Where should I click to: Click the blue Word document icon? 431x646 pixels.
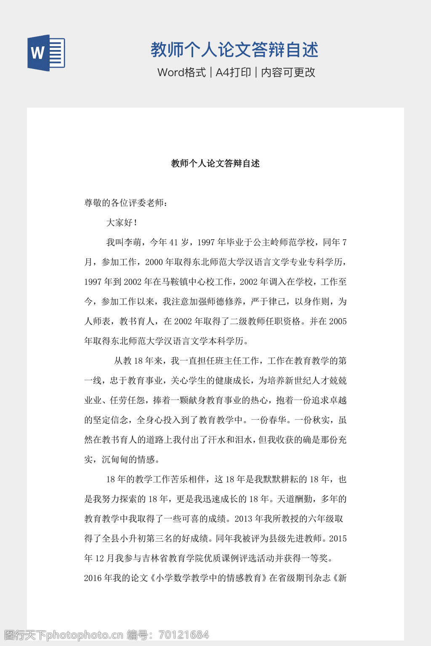(x=46, y=53)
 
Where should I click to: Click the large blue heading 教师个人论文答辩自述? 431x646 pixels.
(x=234, y=50)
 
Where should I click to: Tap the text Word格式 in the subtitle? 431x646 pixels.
(x=181, y=72)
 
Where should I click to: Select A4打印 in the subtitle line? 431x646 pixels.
(x=233, y=72)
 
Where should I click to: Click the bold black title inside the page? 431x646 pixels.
(x=215, y=164)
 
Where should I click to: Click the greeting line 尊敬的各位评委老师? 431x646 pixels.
(x=126, y=203)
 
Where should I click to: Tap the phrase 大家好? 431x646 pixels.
(x=122, y=223)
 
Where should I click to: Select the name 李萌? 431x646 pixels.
(x=133, y=243)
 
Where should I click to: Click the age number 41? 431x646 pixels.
(x=173, y=243)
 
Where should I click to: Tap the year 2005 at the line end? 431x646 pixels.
(x=338, y=322)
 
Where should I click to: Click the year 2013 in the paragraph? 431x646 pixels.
(x=244, y=519)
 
